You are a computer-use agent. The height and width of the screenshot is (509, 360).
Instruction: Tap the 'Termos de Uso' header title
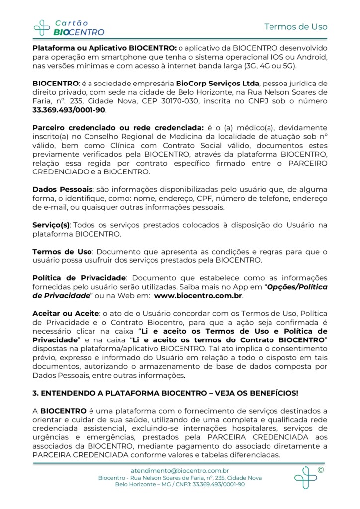click(295, 26)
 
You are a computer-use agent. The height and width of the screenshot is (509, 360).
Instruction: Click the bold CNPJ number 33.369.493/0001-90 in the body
click(69, 110)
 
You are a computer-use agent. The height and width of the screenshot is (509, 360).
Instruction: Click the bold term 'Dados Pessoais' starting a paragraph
click(63, 189)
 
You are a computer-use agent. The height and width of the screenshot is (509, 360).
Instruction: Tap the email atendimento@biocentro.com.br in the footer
click(180, 470)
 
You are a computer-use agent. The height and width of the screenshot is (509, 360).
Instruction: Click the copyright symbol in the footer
click(320, 470)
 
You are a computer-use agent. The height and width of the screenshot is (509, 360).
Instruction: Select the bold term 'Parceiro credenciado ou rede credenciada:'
click(118, 128)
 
